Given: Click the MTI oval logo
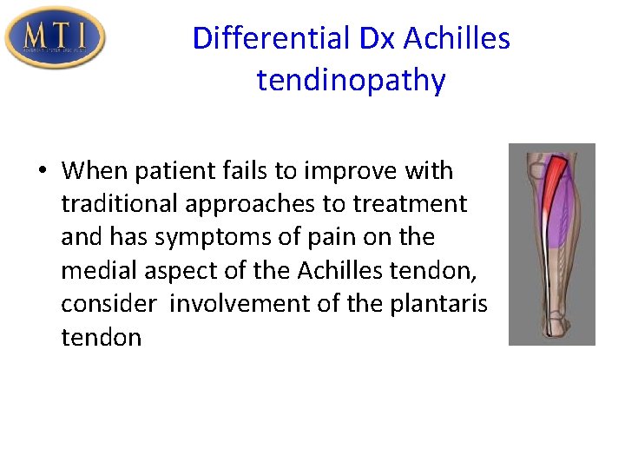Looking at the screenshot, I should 55,36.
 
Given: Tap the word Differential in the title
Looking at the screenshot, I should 268,38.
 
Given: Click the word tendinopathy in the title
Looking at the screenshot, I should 351,81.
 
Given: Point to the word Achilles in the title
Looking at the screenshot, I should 457,38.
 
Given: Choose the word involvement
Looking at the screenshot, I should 234,304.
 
